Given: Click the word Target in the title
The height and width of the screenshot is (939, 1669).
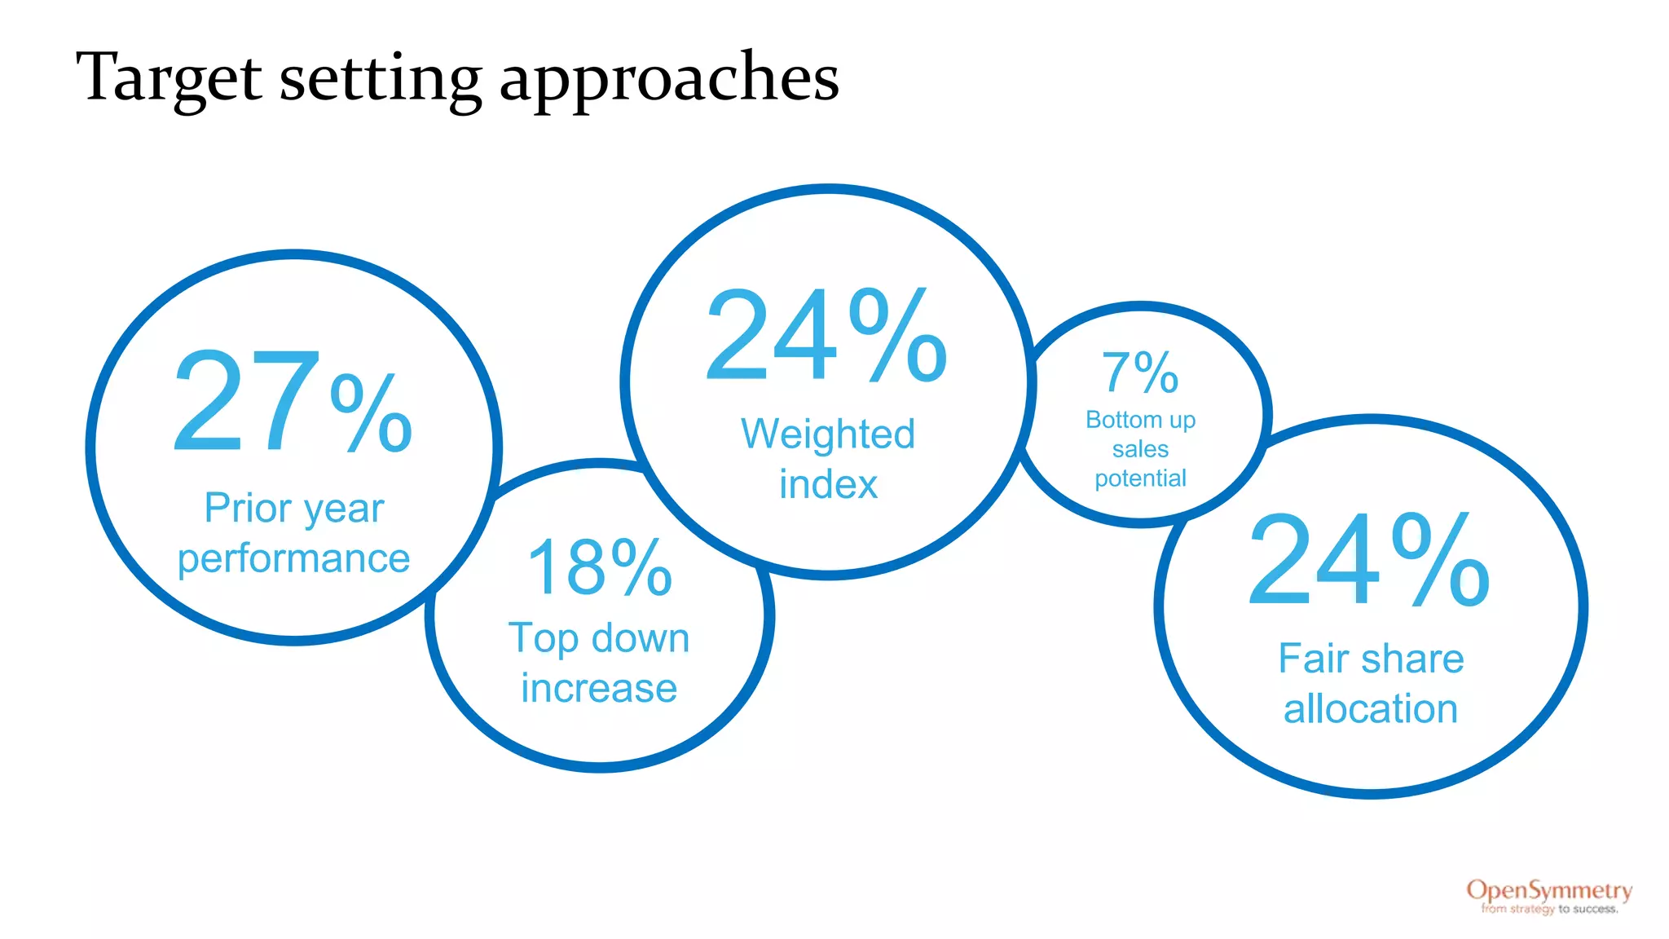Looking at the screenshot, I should [x=169, y=78].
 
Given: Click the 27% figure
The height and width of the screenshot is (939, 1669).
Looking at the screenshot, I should [x=293, y=402].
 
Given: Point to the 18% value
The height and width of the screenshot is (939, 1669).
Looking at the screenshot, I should [x=600, y=568].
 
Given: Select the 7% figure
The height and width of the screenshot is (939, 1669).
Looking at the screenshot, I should [x=1140, y=373].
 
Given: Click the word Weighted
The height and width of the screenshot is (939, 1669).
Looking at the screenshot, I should [x=828, y=434].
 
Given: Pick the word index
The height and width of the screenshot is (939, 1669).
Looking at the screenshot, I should [x=828, y=484].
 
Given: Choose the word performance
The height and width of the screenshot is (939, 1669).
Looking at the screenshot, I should [x=293, y=559].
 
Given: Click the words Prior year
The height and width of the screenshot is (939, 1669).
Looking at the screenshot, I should [x=293, y=509].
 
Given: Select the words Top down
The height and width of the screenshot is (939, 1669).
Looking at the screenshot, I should [x=599, y=638].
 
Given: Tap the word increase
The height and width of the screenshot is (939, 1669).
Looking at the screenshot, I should [x=599, y=689].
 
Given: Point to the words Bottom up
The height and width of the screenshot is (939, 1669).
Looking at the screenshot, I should [x=1140, y=420].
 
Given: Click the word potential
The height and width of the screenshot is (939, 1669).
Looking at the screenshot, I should [x=1140, y=478].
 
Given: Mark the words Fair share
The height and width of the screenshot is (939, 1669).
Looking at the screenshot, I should [x=1371, y=659].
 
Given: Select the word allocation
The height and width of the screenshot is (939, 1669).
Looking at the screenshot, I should [x=1371, y=709].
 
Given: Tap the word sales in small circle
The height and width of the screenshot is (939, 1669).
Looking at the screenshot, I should [x=1140, y=449].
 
